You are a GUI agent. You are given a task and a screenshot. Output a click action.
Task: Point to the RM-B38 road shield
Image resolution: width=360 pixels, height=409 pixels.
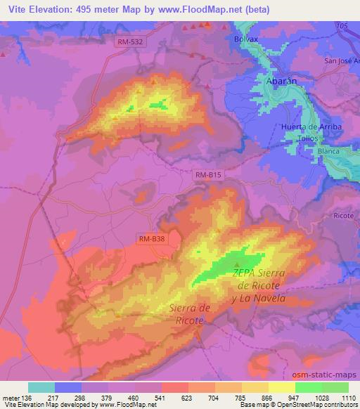coord(152,240)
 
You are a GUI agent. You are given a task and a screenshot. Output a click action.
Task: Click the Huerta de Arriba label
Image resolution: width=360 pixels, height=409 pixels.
coord(310,126)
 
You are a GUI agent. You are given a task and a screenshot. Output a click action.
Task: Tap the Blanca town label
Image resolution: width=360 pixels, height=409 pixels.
coord(328,151)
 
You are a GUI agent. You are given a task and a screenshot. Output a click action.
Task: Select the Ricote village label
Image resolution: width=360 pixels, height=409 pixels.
coord(344,215)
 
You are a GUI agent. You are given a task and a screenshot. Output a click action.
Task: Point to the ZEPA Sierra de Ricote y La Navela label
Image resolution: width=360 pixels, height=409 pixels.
coord(259,285)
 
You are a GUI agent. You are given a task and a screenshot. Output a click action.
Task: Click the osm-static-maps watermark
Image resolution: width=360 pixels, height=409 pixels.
coord(330,375)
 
